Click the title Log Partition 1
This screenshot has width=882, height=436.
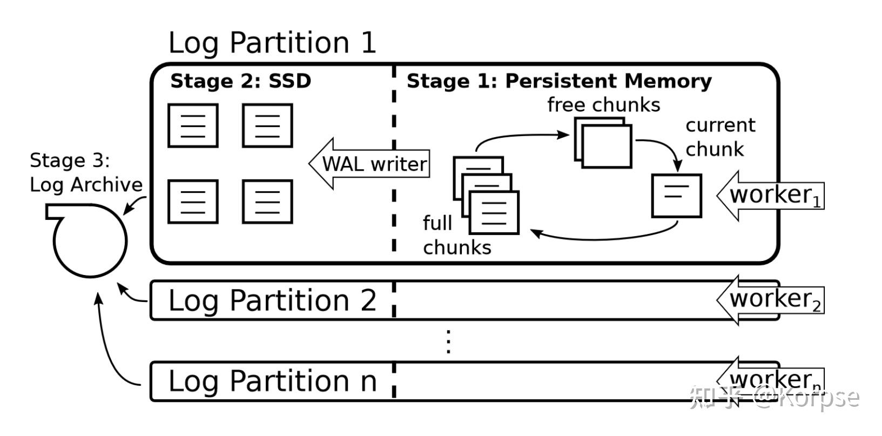click(272, 43)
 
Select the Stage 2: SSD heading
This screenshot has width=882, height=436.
click(240, 81)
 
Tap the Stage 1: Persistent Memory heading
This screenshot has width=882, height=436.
click(559, 81)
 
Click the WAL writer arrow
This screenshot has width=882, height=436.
click(371, 163)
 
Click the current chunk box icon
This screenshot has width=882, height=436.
click(676, 195)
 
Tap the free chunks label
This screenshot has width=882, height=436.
click(603, 104)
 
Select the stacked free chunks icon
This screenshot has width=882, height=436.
click(602, 143)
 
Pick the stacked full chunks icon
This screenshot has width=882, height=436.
click(486, 195)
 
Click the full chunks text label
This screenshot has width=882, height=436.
click(456, 235)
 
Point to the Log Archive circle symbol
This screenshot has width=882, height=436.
click(90, 240)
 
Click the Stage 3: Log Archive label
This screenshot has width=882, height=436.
click(85, 172)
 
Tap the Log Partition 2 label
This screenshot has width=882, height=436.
click(272, 300)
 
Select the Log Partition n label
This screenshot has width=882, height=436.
click(272, 381)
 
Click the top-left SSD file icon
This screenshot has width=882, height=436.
click(193, 125)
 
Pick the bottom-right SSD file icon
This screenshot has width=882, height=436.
click(267, 202)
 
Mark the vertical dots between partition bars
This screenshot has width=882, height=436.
click(448, 341)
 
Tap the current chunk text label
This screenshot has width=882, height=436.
click(719, 137)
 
